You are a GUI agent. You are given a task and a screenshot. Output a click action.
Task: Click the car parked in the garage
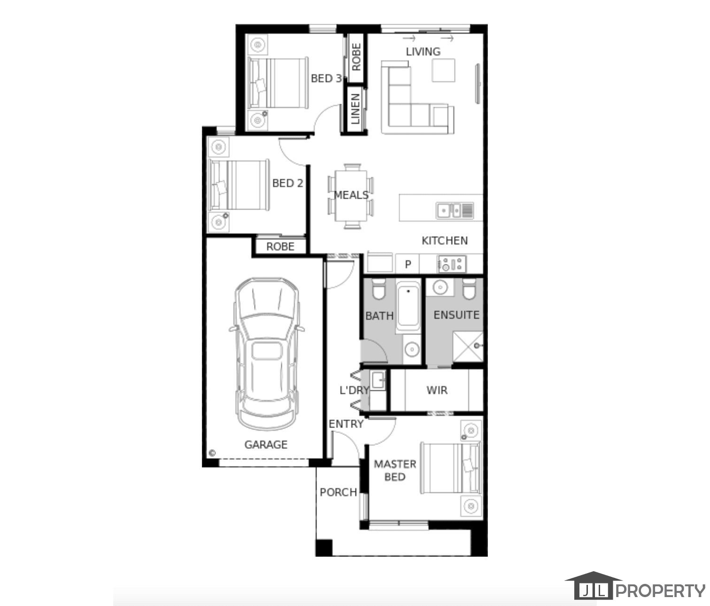click(x=267, y=354)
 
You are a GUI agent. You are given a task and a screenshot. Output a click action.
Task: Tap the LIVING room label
click(x=423, y=52)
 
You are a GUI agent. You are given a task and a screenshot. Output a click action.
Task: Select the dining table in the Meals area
click(x=351, y=196)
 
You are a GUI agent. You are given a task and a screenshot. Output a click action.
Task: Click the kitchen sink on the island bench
click(x=455, y=210)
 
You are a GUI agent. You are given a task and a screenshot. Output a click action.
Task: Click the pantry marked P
click(x=408, y=264)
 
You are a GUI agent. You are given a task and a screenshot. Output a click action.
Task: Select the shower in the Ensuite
click(x=468, y=347)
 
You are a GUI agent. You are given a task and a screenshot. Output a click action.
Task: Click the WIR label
click(x=437, y=390)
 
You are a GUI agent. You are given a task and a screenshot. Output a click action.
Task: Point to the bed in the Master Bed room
click(x=451, y=468)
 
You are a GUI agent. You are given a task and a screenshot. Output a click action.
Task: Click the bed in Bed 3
click(x=278, y=83)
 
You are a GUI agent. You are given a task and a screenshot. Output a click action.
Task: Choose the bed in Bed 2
click(x=239, y=185)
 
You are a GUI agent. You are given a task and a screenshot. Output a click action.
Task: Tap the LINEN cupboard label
click(x=355, y=109)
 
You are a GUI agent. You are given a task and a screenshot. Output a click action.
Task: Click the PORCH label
click(x=339, y=492)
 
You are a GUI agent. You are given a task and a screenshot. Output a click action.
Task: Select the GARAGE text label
click(x=266, y=445)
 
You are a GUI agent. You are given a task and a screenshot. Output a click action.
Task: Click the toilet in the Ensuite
click(x=469, y=289)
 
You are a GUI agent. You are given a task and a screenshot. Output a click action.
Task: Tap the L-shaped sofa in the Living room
click(x=417, y=98)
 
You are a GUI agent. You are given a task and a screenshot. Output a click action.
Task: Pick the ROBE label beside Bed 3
click(x=356, y=57)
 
